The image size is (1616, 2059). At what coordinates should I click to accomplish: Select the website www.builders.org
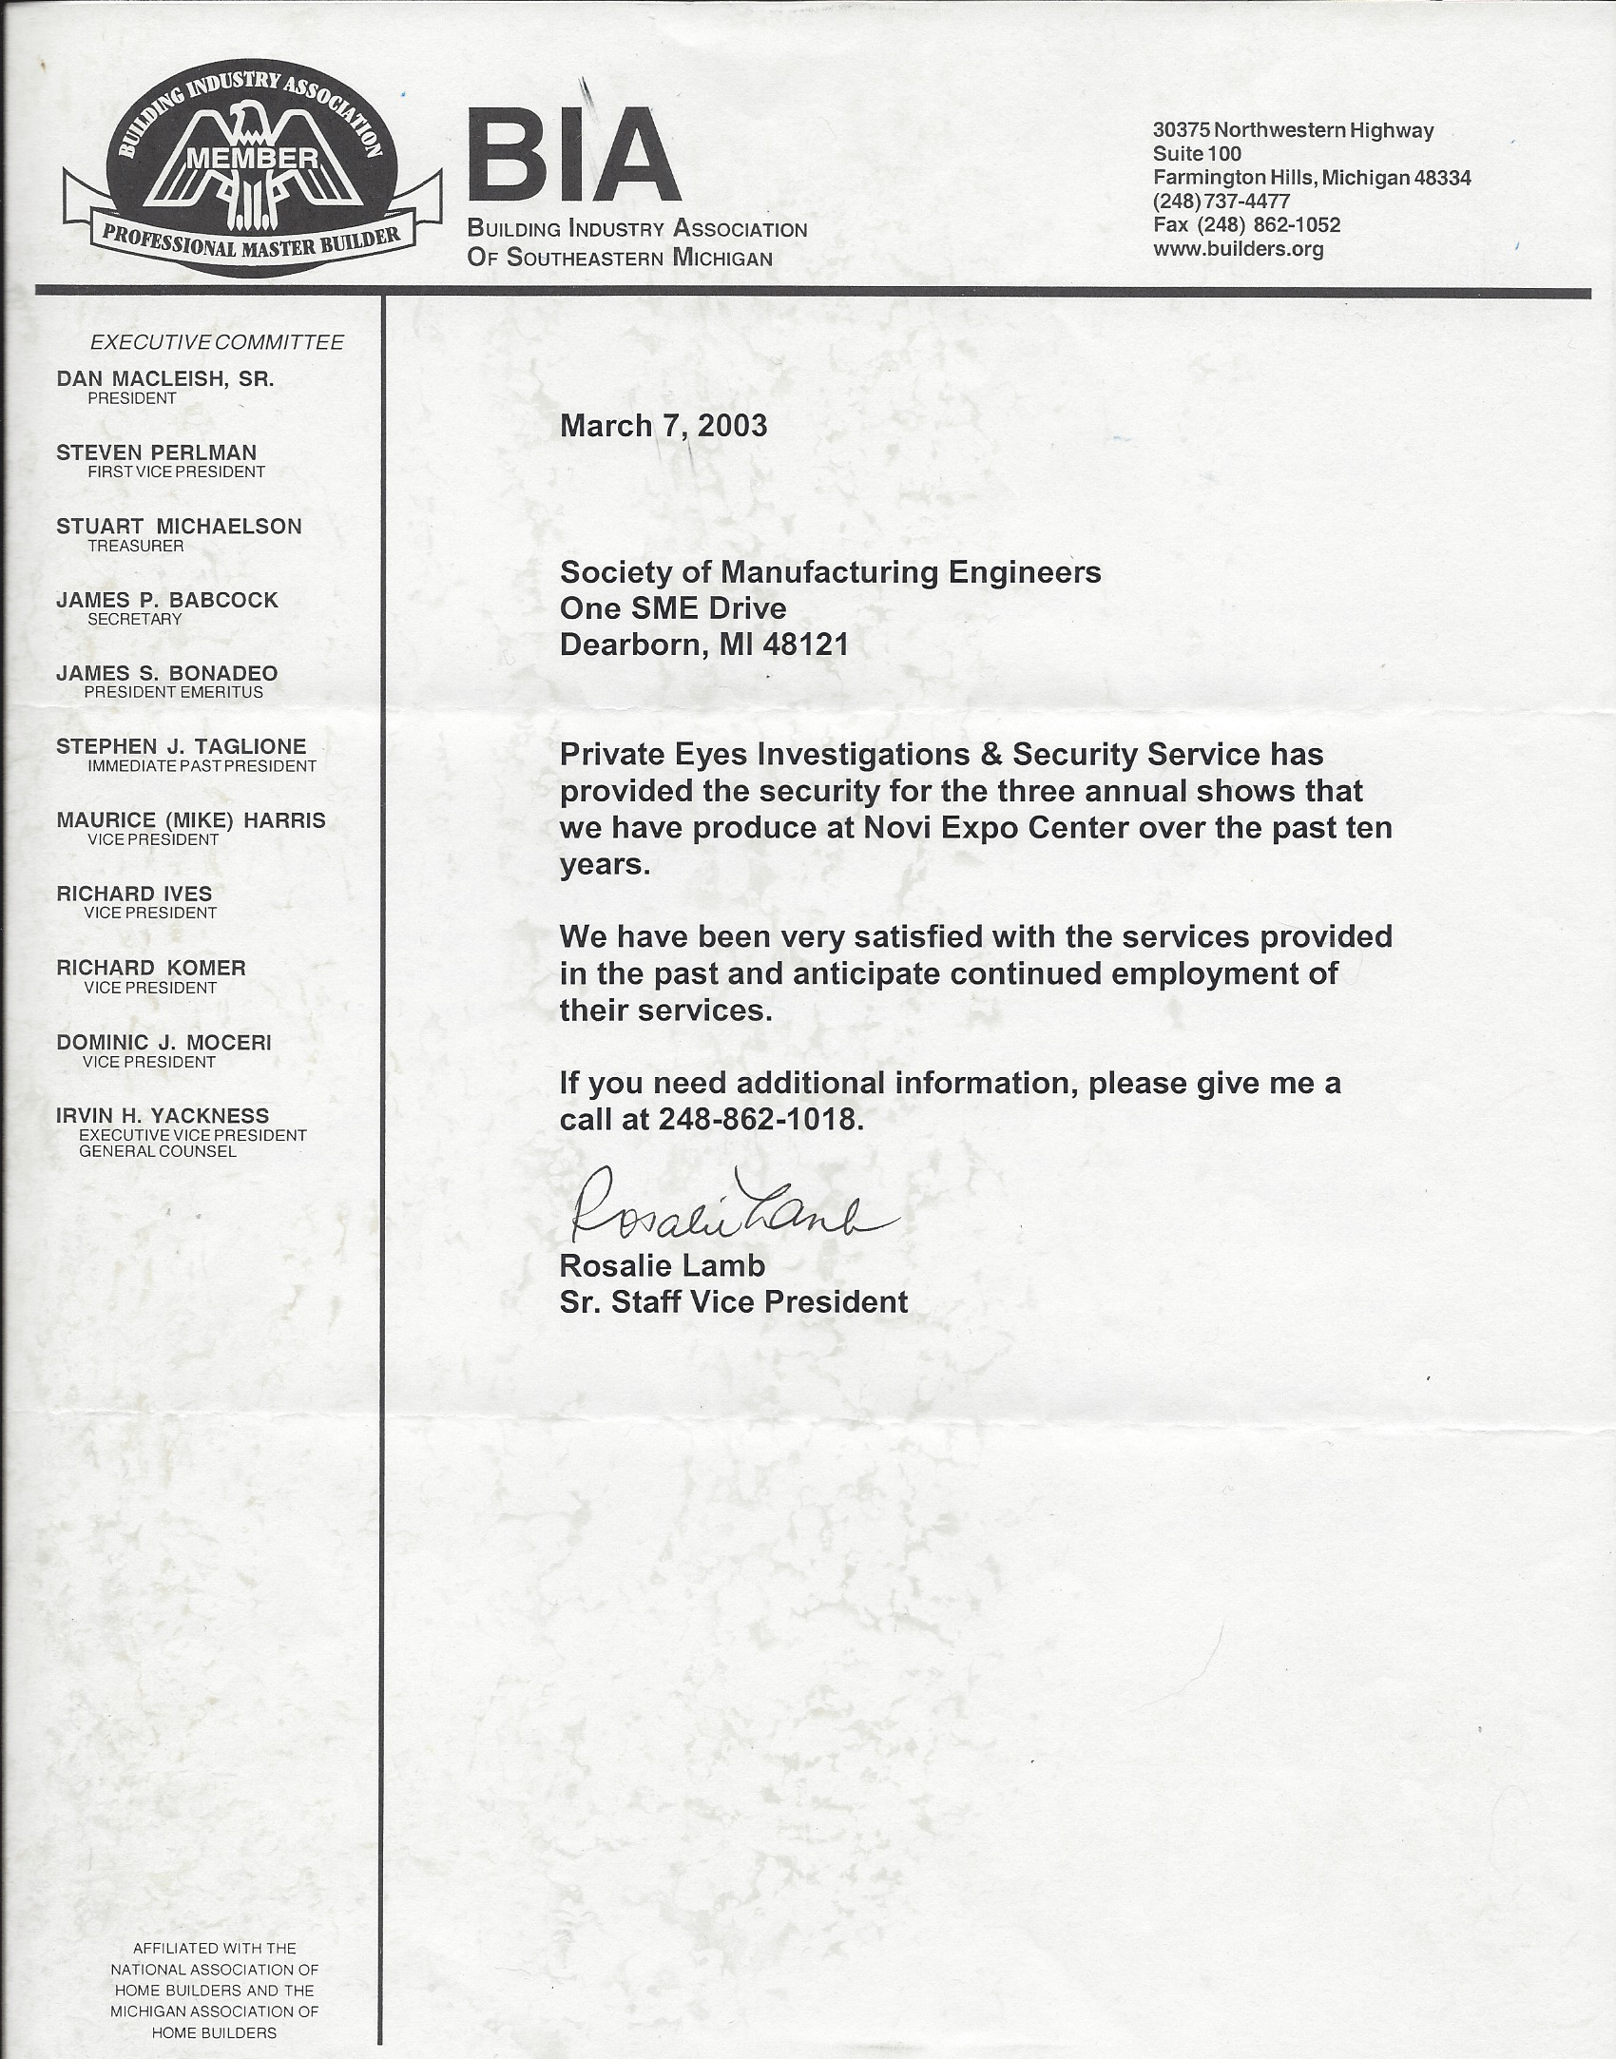(1238, 250)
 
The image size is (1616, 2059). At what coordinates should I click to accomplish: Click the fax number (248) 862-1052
(1246, 225)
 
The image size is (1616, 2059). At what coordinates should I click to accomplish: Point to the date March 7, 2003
(664, 425)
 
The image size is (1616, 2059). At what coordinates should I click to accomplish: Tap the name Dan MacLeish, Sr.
(164, 379)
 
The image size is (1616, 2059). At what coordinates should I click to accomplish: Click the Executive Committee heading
(217, 342)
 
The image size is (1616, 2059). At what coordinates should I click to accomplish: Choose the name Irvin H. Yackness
(163, 1116)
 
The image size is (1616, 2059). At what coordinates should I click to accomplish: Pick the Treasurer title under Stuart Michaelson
(136, 546)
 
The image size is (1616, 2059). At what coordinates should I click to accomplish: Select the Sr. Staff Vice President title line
(733, 1301)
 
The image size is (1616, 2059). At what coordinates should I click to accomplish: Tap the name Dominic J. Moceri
(164, 1043)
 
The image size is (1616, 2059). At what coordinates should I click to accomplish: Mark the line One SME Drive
(673, 608)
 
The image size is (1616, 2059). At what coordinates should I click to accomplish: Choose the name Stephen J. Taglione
(181, 747)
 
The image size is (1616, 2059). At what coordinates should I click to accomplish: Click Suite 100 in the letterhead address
(1197, 154)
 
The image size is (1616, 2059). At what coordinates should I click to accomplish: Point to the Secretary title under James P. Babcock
(134, 619)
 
